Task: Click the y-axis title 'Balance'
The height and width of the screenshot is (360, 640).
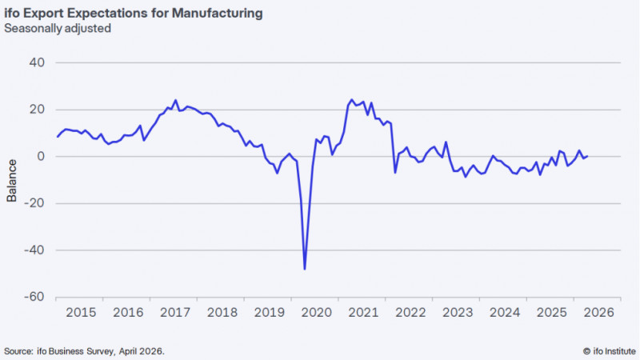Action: [12, 180]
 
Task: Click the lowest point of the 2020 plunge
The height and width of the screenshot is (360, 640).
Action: [305, 269]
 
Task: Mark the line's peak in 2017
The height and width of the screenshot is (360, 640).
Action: [175, 101]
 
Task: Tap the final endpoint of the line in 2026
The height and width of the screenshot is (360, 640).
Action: [588, 156]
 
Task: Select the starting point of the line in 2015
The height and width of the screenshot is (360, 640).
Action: [57, 137]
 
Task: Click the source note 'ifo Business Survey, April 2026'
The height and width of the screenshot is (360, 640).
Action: [87, 350]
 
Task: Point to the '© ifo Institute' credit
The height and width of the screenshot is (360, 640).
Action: [606, 350]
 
